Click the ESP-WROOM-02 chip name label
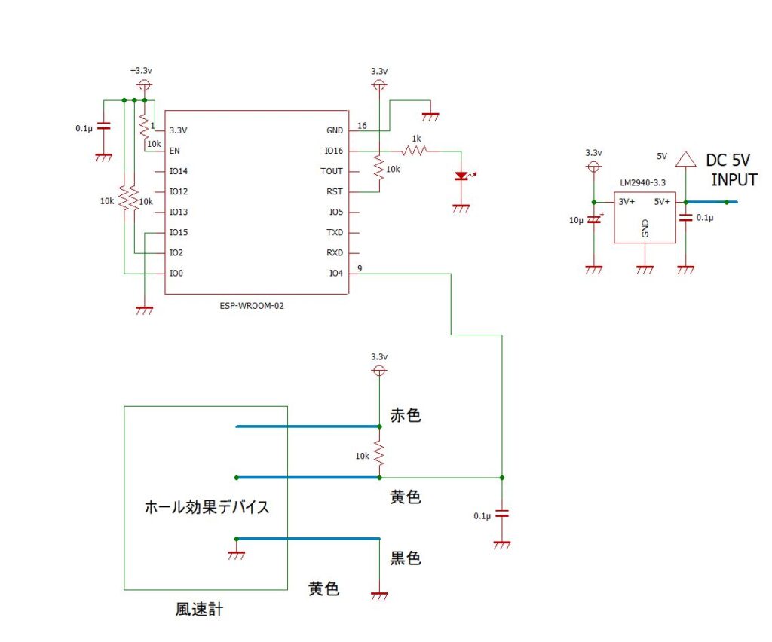pyautogui.click(x=252, y=306)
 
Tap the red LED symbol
pyautogui.click(x=461, y=176)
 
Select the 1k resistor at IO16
pyautogui.click(x=415, y=151)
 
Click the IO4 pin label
pyautogui.click(x=335, y=273)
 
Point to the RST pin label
pyautogui.click(x=335, y=191)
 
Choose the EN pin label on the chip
pyautogui.click(x=175, y=151)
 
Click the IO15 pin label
pyautogui.click(x=179, y=232)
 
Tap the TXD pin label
pyautogui.click(x=335, y=232)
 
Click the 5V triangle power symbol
pyautogui.click(x=685, y=158)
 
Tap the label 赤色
pyautogui.click(x=405, y=415)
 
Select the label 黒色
pyautogui.click(x=405, y=558)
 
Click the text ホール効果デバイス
pyautogui.click(x=207, y=506)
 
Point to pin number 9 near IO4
pyautogui.click(x=360, y=267)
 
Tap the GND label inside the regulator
pyautogui.click(x=645, y=229)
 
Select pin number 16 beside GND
pyautogui.click(x=362, y=125)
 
